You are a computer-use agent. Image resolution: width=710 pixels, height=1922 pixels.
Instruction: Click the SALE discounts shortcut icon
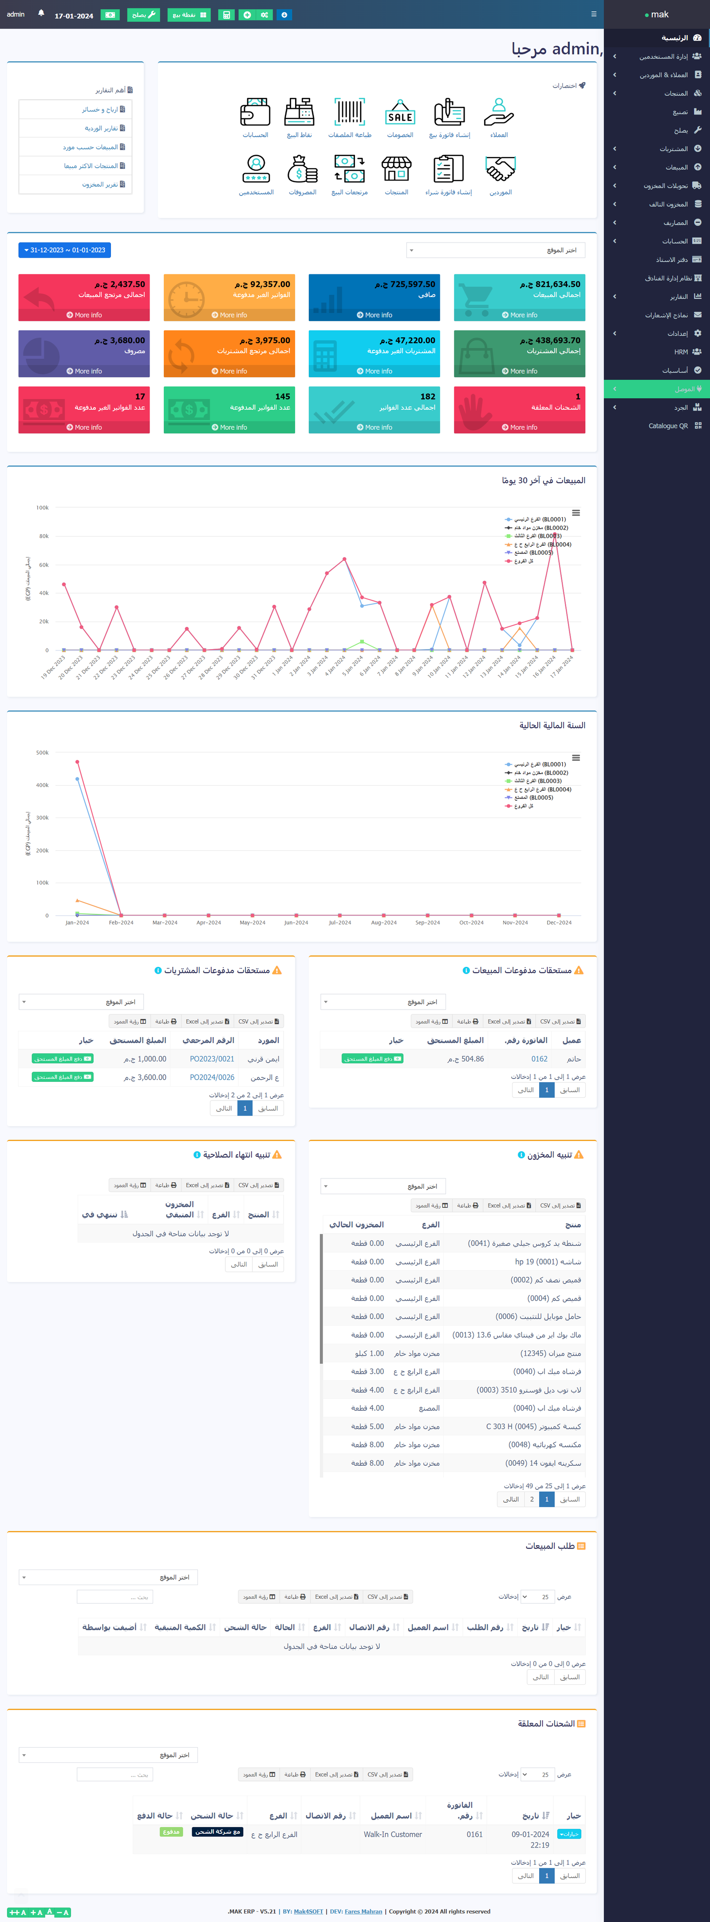(400, 114)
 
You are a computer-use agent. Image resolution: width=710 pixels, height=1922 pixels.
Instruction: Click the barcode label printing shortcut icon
(349, 114)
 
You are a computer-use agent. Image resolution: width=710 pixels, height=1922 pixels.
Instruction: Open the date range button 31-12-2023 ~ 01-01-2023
(64, 250)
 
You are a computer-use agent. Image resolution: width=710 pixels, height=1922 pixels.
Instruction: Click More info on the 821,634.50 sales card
(520, 315)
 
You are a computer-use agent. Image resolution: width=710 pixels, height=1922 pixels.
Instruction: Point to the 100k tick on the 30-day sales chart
(43, 507)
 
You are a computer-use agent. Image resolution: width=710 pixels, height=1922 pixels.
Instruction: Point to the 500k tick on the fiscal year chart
(43, 753)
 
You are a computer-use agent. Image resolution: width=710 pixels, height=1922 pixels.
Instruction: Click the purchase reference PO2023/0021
(212, 1059)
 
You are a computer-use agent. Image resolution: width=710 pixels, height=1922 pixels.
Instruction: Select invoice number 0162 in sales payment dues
(539, 1059)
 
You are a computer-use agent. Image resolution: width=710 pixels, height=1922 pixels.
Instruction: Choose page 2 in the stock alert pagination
(532, 1499)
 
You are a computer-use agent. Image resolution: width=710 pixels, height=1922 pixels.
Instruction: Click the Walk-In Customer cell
(393, 1834)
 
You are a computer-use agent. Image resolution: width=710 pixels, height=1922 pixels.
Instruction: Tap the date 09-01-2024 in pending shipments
(530, 1834)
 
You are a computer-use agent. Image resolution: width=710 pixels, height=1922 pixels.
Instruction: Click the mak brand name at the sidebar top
(659, 14)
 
